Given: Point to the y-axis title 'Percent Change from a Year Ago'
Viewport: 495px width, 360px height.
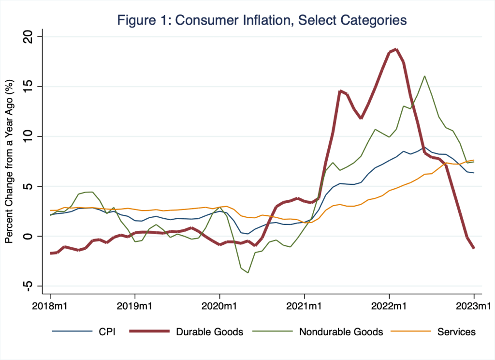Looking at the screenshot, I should click(x=9, y=162).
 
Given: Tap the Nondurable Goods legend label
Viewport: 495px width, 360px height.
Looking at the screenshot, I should click(x=341, y=332).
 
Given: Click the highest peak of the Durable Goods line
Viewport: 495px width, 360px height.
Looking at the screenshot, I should click(x=396, y=49).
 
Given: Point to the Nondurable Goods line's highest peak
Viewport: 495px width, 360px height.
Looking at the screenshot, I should click(x=424, y=76).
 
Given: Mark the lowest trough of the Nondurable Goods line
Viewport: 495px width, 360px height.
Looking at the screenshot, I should click(x=248, y=272).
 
